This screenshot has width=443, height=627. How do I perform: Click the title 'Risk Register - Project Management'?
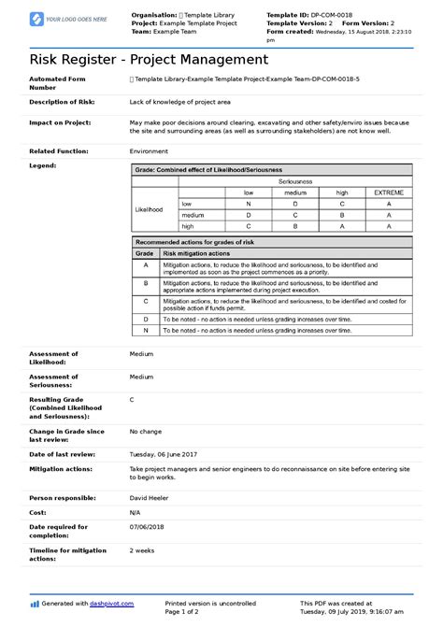click(136, 59)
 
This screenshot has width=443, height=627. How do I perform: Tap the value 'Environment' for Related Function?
click(149, 150)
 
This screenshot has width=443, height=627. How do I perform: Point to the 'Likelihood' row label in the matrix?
click(149, 209)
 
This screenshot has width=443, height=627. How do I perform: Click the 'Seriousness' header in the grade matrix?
click(294, 181)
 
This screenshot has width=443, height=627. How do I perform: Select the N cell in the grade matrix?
click(248, 203)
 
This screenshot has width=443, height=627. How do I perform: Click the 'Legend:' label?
click(43, 164)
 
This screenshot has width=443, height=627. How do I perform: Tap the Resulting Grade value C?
click(132, 399)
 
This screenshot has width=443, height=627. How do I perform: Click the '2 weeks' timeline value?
click(143, 550)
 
